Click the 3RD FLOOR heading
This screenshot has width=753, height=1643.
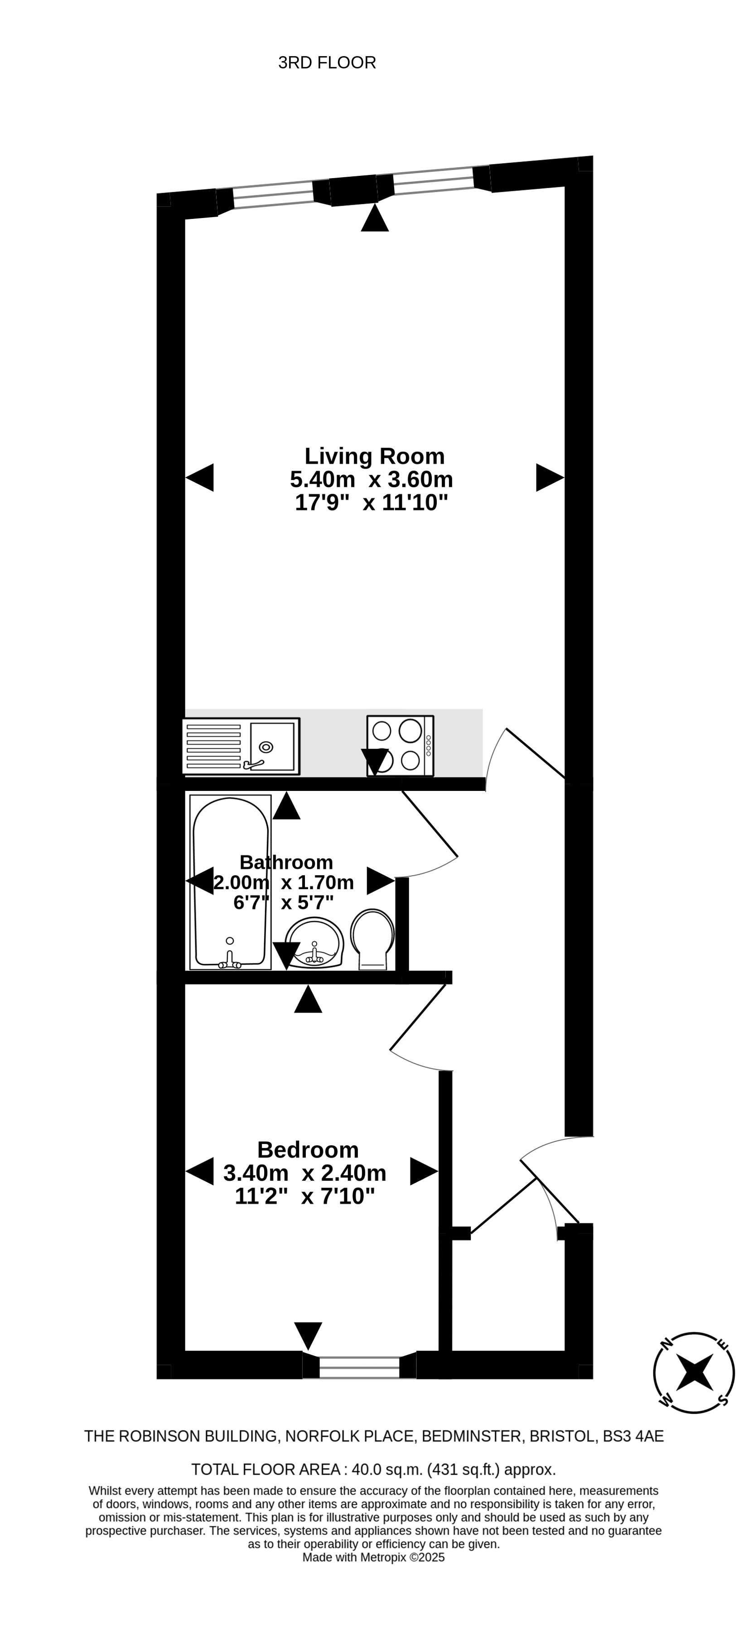(327, 63)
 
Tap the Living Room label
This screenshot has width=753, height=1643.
(374, 456)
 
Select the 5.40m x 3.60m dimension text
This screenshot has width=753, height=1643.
(372, 479)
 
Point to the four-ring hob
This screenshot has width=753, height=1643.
(401, 746)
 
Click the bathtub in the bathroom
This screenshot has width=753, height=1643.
(230, 882)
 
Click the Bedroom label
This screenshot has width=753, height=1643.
(308, 1149)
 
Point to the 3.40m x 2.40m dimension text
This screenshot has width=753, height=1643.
(305, 1172)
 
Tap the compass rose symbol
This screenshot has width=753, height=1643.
(694, 1372)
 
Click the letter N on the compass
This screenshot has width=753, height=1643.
(667, 1343)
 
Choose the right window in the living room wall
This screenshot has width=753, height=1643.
(434, 180)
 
